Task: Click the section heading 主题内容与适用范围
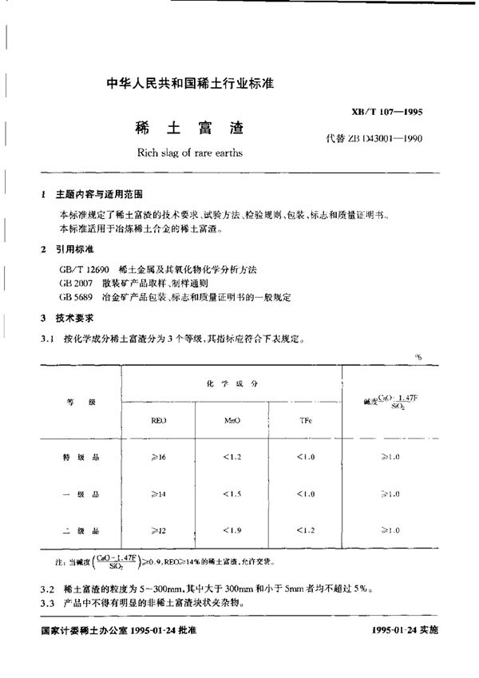pos(101,195)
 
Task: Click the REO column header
pos(159,419)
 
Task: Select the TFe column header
pos(306,419)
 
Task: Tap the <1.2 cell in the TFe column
pos(306,530)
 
